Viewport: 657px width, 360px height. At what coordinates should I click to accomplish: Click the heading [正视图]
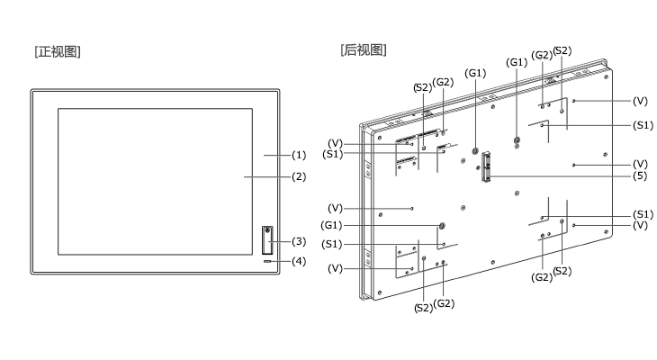(x=58, y=52)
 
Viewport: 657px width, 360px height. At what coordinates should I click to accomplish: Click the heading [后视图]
(x=364, y=49)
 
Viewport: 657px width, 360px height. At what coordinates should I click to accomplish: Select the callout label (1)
(x=299, y=155)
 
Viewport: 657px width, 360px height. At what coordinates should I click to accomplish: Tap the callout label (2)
(x=299, y=177)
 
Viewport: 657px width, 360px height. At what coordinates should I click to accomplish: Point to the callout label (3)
(x=299, y=241)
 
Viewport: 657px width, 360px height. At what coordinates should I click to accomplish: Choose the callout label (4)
(x=299, y=262)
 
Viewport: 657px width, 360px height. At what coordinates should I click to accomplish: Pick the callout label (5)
(x=640, y=176)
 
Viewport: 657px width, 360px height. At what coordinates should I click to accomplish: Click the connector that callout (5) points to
(x=486, y=166)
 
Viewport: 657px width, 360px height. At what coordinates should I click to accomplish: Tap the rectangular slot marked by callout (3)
(x=267, y=240)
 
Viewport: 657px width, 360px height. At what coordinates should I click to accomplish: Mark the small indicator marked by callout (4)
(x=267, y=262)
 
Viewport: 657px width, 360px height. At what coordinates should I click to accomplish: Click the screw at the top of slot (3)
(x=267, y=229)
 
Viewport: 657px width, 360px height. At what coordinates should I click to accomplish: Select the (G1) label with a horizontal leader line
(x=331, y=226)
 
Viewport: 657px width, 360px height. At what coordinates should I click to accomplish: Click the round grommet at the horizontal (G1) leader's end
(x=441, y=226)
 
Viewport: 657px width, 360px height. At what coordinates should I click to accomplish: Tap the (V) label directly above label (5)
(x=640, y=165)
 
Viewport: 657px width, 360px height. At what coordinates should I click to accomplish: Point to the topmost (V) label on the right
(x=640, y=101)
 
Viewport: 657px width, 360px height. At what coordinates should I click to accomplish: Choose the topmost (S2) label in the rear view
(x=562, y=50)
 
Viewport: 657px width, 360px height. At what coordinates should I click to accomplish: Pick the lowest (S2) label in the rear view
(x=423, y=308)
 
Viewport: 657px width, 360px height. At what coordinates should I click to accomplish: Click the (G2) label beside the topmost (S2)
(x=542, y=55)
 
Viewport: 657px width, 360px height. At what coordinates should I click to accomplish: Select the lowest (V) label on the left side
(x=335, y=268)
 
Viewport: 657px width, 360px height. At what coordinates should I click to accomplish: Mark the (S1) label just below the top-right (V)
(x=643, y=125)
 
